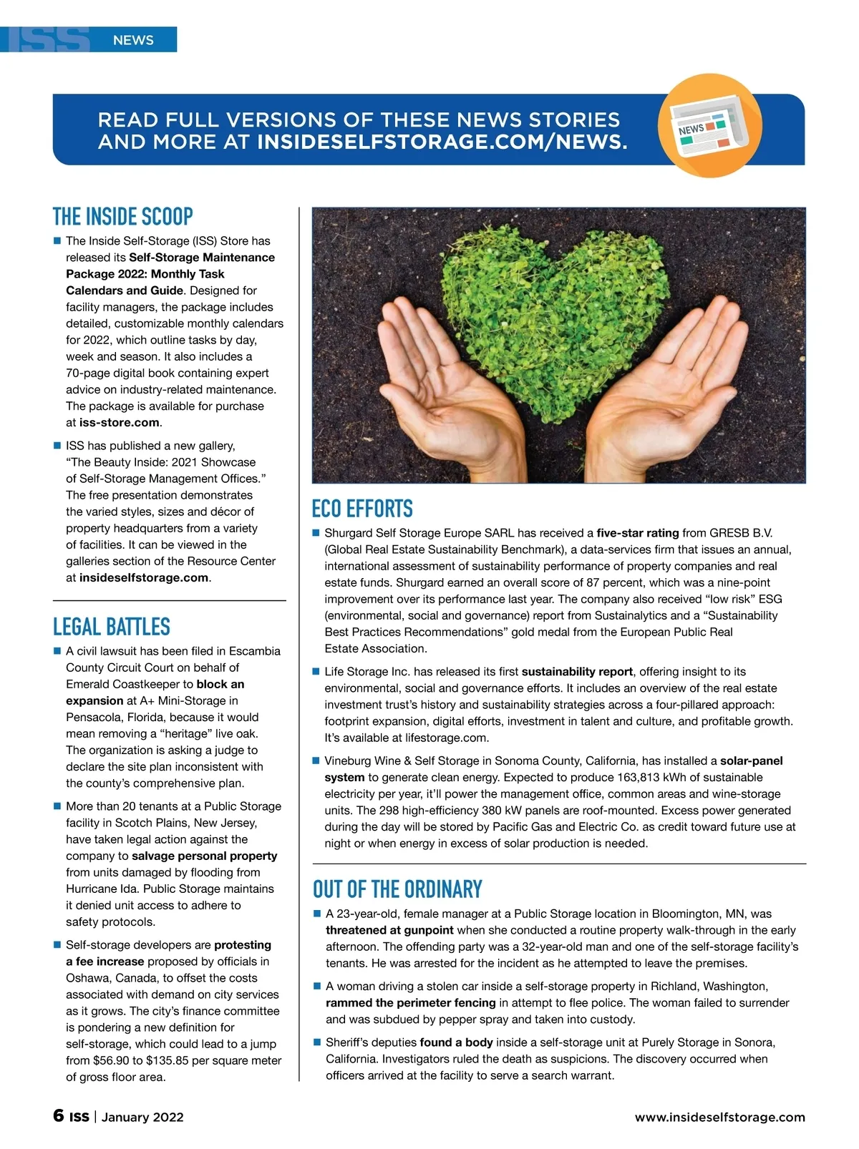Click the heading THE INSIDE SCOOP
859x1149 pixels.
point(123,217)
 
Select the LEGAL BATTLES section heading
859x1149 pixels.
point(112,627)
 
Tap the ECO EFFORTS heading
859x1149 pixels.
point(362,509)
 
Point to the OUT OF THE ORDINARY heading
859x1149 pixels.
point(397,889)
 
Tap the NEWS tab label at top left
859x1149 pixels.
point(133,40)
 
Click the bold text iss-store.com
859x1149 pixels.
point(119,422)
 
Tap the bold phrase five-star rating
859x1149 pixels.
point(637,533)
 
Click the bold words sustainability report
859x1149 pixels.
point(577,672)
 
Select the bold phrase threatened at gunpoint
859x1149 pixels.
point(389,930)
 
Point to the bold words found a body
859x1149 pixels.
point(456,1042)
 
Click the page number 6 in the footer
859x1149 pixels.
point(59,1115)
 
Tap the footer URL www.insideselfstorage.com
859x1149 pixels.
point(719,1117)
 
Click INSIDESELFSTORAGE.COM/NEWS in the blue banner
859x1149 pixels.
point(442,142)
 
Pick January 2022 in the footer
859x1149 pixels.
point(142,1117)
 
